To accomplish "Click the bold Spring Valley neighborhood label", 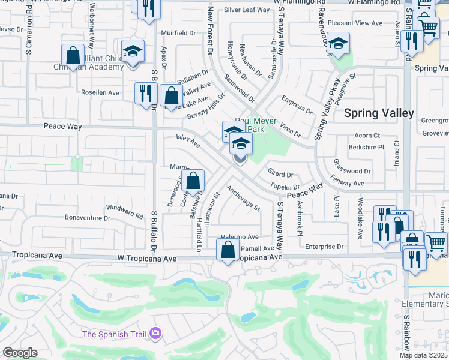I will pyautogui.click(x=378, y=113).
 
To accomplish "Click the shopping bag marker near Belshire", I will pyautogui.click(x=193, y=181).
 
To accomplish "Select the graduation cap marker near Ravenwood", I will pyautogui.click(x=339, y=44).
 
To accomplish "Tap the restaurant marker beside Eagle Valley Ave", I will pyautogui.click(x=146, y=93).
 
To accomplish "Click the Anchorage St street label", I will pyautogui.click(x=243, y=199).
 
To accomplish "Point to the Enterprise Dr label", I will pyautogui.click(x=324, y=247).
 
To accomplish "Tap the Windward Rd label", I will pyautogui.click(x=125, y=211).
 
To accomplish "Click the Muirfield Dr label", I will pyautogui.click(x=178, y=32).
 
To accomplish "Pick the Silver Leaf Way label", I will pyautogui.click(x=247, y=10).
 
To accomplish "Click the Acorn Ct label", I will pyautogui.click(x=367, y=136).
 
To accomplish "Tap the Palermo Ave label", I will pyautogui.click(x=239, y=237).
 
